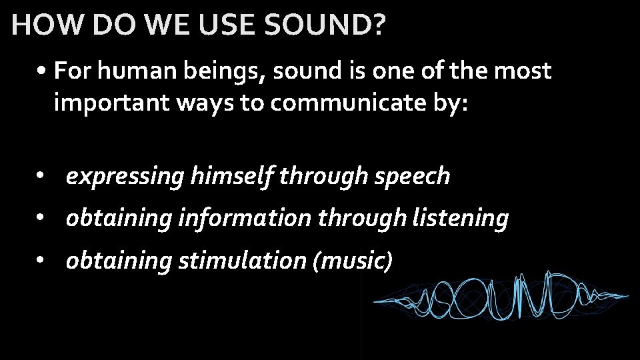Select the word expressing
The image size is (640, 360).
(125, 177)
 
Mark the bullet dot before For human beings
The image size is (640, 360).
(42, 71)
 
